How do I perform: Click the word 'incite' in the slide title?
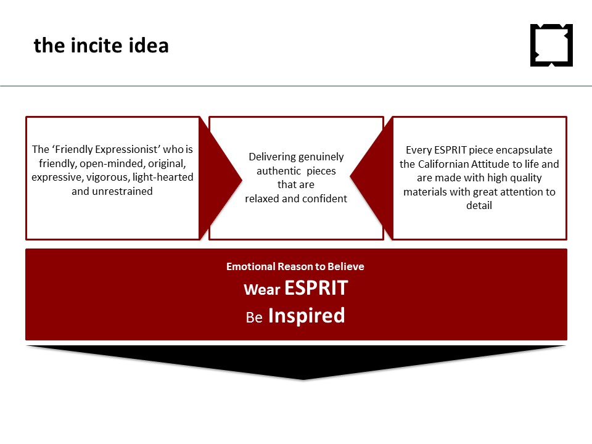tap(96, 45)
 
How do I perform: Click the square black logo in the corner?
tap(551, 45)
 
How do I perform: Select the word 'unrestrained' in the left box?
tap(122, 191)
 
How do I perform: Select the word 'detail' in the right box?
tap(479, 205)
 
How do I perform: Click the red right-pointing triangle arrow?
tap(221, 179)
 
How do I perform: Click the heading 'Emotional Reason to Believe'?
tap(295, 266)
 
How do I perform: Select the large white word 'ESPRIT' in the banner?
tap(316, 288)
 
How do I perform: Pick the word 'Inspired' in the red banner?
tap(306, 315)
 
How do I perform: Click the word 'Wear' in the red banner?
tap(262, 290)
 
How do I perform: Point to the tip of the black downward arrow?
tap(303, 379)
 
